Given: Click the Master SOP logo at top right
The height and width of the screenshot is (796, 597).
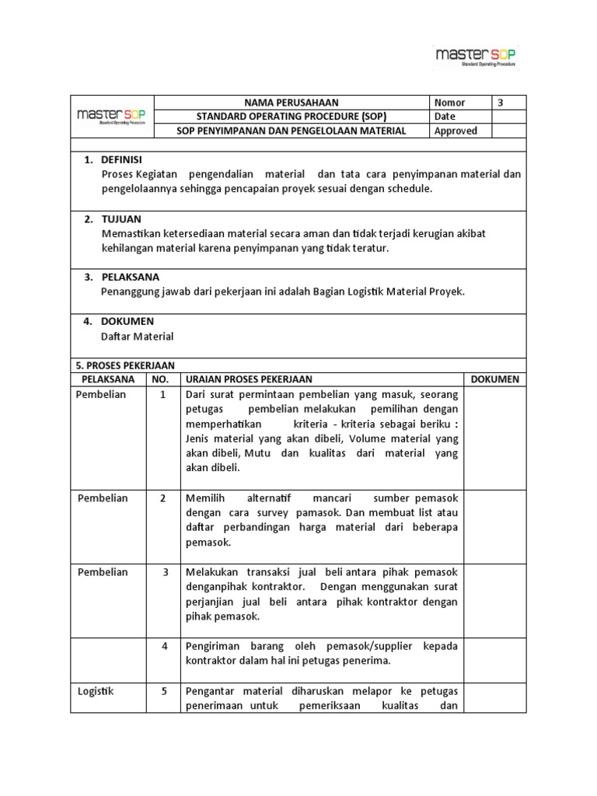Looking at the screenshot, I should click(x=476, y=57).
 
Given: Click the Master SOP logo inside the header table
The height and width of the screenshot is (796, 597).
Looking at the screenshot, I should click(x=112, y=117).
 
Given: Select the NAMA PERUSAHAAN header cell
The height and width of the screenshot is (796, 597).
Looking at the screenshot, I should click(x=292, y=103).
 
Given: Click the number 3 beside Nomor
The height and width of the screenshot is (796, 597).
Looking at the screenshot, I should click(x=500, y=103).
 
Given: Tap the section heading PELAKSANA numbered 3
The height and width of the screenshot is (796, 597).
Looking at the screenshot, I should click(x=130, y=277).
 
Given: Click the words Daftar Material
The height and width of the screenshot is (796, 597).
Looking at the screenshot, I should click(x=138, y=337).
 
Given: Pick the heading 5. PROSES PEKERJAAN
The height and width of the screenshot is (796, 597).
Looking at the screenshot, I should click(x=124, y=365).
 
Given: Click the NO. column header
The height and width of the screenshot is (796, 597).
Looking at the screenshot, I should click(x=160, y=379).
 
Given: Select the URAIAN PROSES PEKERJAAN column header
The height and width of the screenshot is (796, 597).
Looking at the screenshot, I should click(x=248, y=379).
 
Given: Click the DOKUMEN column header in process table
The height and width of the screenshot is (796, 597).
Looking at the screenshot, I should click(x=495, y=379).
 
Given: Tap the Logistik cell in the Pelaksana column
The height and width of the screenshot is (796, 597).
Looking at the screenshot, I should click(x=96, y=690).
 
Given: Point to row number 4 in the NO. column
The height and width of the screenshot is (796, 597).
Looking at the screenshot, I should click(x=165, y=646).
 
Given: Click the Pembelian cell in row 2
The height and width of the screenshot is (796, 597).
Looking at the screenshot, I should click(x=103, y=498).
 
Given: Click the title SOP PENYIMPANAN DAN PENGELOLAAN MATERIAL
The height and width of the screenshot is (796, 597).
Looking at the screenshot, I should click(x=292, y=131).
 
